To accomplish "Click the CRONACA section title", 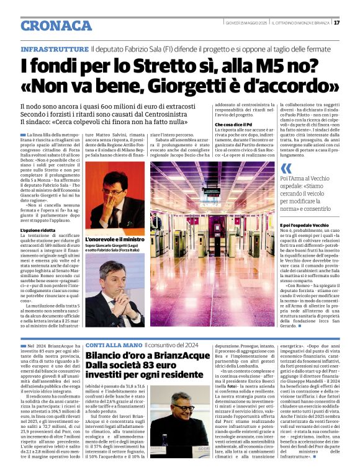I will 56,25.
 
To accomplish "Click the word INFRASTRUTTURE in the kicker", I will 55,48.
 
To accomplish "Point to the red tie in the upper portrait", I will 114,217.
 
